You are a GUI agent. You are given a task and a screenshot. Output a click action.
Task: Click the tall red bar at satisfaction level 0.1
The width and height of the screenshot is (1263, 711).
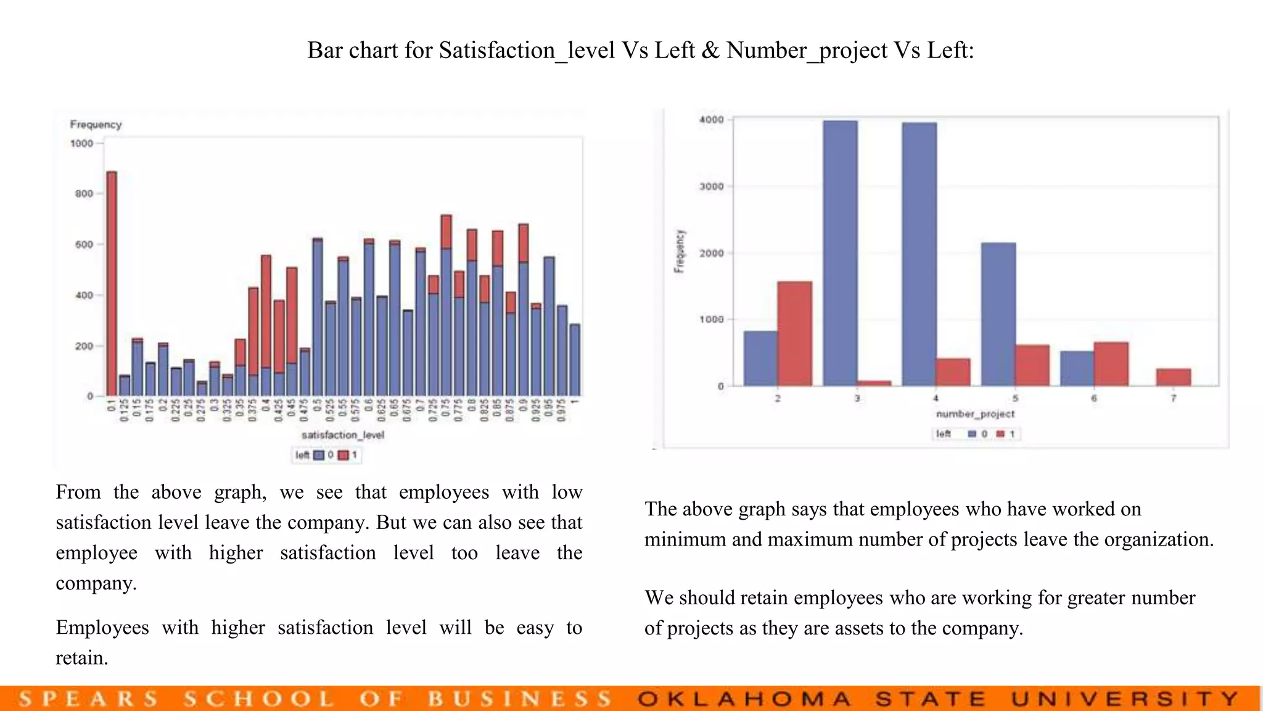point(112,284)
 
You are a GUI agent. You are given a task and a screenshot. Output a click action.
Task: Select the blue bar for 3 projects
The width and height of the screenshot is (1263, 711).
point(840,253)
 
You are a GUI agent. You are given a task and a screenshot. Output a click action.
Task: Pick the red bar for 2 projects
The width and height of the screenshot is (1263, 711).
point(794,333)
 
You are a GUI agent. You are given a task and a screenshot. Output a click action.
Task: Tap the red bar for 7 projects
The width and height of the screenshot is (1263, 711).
point(1173,377)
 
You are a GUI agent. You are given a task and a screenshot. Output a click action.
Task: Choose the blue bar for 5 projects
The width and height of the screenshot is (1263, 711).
point(998,314)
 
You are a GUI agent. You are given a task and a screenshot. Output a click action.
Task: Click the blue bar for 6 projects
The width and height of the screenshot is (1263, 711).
point(1077,368)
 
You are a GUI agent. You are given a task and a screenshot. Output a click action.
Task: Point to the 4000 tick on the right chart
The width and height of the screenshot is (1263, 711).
point(711,120)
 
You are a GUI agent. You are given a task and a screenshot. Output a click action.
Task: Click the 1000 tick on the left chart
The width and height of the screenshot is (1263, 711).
point(81,144)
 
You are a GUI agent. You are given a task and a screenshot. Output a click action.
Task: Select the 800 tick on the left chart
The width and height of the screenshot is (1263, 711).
point(84,194)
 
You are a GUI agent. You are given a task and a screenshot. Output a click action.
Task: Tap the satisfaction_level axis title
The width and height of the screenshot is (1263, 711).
point(342,435)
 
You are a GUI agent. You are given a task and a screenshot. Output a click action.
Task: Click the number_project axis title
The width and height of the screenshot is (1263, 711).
point(975,414)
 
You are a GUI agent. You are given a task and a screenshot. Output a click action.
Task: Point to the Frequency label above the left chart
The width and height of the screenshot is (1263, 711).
point(96,125)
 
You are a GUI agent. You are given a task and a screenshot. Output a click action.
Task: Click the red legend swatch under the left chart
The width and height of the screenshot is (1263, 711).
point(344,455)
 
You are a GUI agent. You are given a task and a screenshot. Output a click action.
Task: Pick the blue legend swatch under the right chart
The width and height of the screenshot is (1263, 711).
point(972,434)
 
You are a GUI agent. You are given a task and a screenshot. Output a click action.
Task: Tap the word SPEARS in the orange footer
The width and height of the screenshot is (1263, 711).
point(88,699)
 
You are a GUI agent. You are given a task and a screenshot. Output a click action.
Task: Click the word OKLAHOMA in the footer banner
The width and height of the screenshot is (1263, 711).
point(745,699)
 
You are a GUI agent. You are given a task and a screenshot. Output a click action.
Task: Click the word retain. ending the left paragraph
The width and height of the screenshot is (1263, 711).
point(82,658)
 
